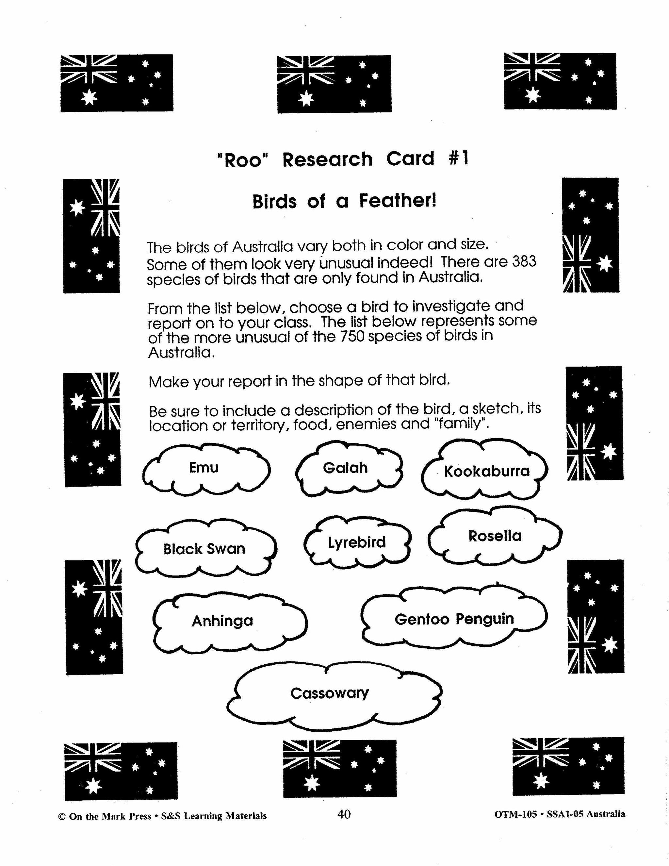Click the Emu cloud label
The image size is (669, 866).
pyautogui.click(x=204, y=468)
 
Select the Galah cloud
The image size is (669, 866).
pyautogui.click(x=345, y=468)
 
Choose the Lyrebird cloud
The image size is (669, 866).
pyautogui.click(x=357, y=542)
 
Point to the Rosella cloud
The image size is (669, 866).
pyautogui.click(x=495, y=536)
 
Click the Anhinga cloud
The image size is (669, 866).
pyautogui.click(x=222, y=621)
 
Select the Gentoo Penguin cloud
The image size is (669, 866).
pyautogui.click(x=454, y=619)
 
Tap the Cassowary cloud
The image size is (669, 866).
pyautogui.click(x=330, y=693)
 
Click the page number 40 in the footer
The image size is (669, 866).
pyautogui.click(x=344, y=814)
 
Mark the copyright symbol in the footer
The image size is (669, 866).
pyautogui.click(x=61, y=816)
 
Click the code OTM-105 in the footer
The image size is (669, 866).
pyautogui.click(x=515, y=814)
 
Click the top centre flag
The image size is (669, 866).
pyautogui.click(x=334, y=84)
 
